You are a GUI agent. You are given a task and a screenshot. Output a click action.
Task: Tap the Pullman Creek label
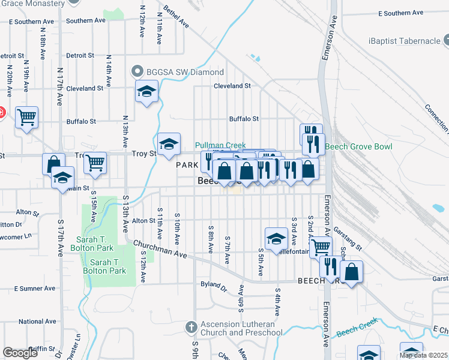click(221, 145)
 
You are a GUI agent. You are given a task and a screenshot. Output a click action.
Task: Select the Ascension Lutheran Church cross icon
click(191, 328)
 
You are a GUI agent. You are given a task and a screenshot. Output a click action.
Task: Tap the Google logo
click(20, 353)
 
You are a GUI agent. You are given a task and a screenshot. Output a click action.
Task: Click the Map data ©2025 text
click(423, 355)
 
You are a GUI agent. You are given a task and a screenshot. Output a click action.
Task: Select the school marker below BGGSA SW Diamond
click(146, 92)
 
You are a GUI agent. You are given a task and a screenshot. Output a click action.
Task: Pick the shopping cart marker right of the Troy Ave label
click(95, 162)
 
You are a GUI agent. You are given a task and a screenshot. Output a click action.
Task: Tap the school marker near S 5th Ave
click(276, 238)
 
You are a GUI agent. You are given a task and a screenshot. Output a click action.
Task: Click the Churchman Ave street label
click(160, 250)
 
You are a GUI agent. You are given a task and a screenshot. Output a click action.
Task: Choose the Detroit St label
click(80, 55)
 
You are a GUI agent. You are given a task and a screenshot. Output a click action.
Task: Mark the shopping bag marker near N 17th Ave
click(53, 163)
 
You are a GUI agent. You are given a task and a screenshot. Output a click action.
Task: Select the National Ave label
click(37, 322)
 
